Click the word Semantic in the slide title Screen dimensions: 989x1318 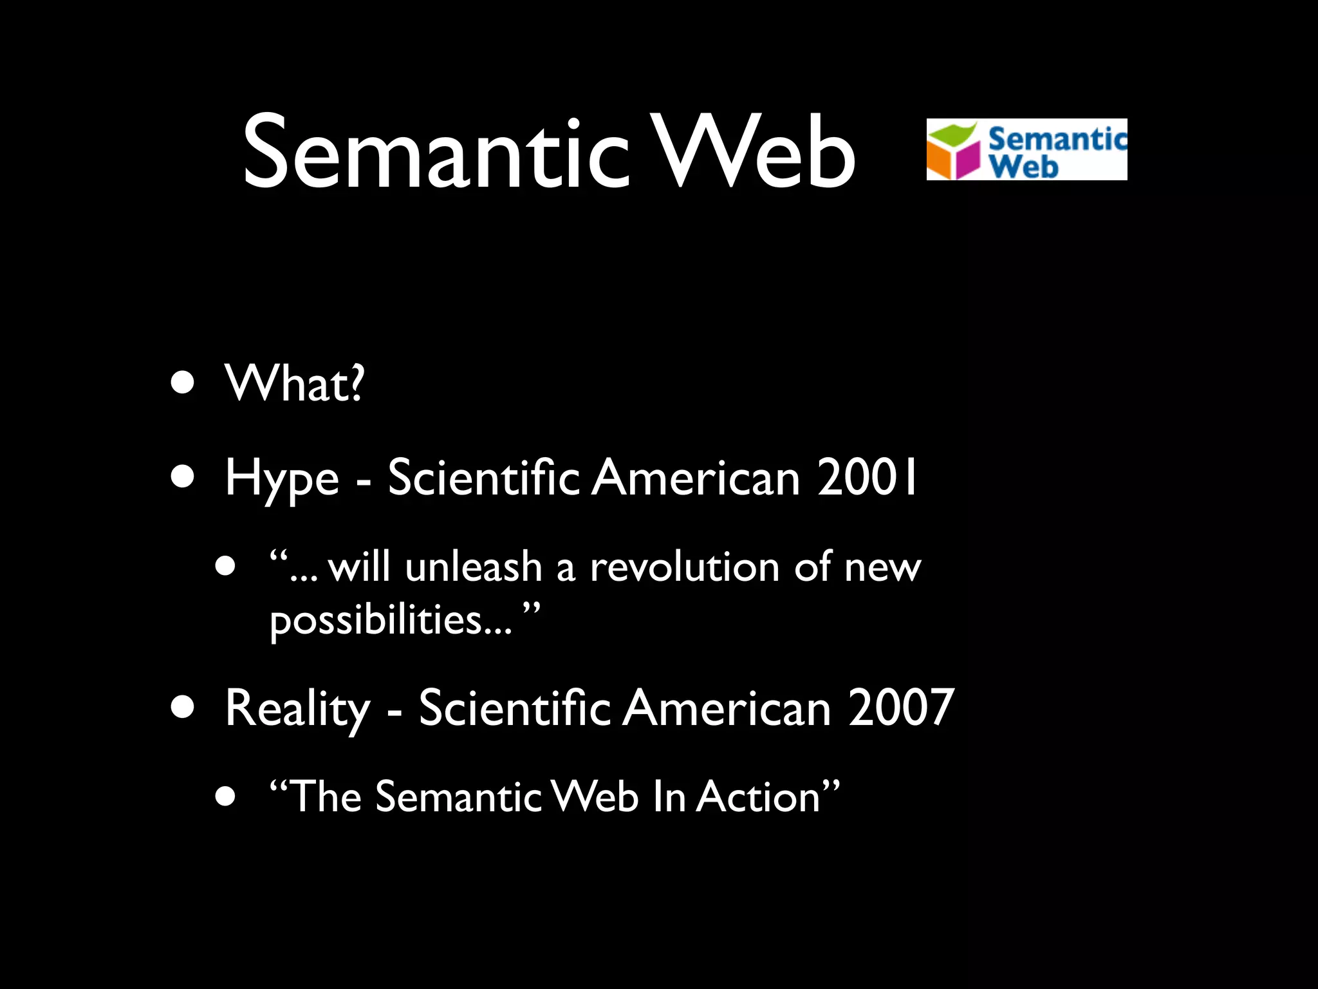pos(435,153)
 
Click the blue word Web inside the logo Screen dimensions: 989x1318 pos(1024,166)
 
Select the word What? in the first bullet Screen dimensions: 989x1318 pos(294,384)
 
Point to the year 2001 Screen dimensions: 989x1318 pos(867,478)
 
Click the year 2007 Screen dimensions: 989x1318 pos(900,708)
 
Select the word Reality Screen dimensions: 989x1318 pos(297,709)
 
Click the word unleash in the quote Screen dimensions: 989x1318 pos(474,567)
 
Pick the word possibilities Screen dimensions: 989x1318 pos(376,620)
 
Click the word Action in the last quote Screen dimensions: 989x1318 pos(759,797)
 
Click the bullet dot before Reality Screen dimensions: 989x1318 pos(183,707)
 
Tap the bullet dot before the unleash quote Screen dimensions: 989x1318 pos(226,567)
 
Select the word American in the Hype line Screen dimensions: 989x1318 pos(696,478)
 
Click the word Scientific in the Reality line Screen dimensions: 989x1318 pos(514,708)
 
